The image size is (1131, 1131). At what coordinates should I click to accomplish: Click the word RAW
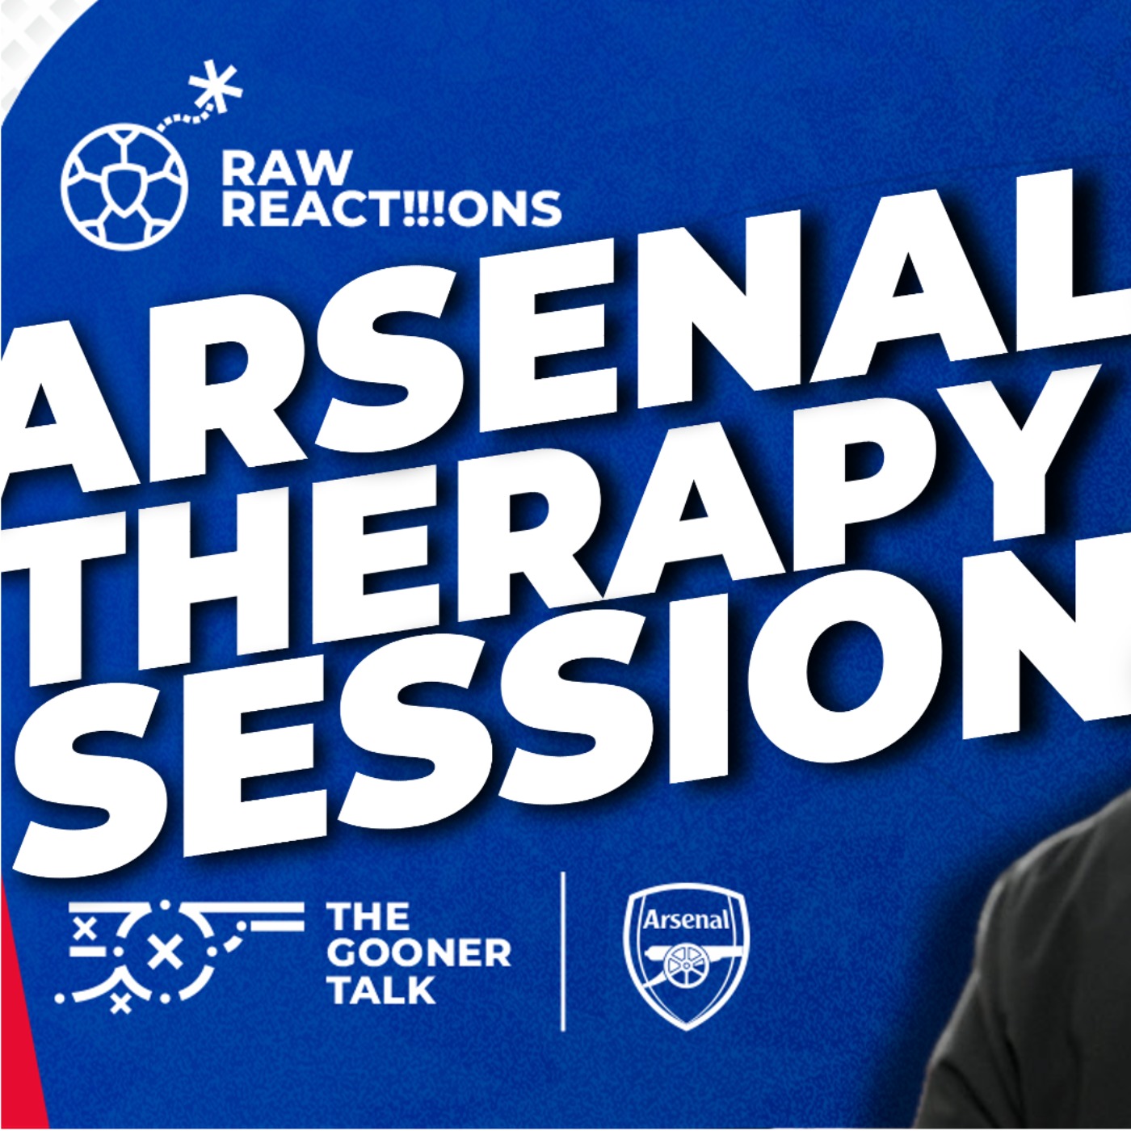286,169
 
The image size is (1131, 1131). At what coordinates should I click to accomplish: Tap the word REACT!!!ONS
392,209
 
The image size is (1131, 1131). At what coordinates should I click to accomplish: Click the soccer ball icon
124,185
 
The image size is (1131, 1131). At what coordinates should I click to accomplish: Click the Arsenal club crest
686,954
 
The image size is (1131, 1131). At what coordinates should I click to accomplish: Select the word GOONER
419,953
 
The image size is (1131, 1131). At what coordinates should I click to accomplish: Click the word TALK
382,990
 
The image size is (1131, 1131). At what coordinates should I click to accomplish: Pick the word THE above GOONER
368,917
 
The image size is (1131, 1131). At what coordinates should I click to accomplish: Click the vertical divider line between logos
563,951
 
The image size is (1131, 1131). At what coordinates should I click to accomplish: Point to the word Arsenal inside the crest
686,919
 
